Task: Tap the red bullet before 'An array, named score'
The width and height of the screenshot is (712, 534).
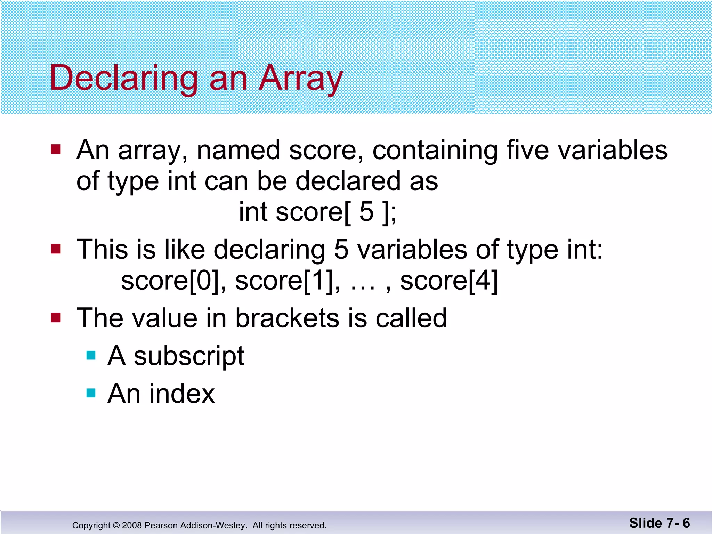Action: (56, 149)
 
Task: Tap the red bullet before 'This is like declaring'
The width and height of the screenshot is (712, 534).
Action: (56, 249)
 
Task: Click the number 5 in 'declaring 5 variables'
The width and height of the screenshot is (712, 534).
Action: (341, 250)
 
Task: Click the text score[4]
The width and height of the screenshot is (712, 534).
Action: (449, 281)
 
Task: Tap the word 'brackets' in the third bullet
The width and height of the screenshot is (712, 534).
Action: (287, 318)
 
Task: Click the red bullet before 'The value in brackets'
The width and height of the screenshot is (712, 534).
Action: (56, 317)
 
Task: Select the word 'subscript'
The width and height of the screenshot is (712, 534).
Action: (189, 356)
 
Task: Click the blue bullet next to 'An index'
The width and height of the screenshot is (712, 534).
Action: (91, 393)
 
